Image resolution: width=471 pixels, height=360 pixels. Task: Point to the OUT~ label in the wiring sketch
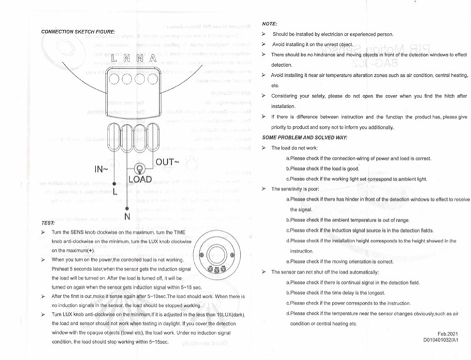[168, 162]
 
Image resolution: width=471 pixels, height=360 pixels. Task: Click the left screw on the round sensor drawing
[201, 256]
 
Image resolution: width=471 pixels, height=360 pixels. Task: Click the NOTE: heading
[269, 24]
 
